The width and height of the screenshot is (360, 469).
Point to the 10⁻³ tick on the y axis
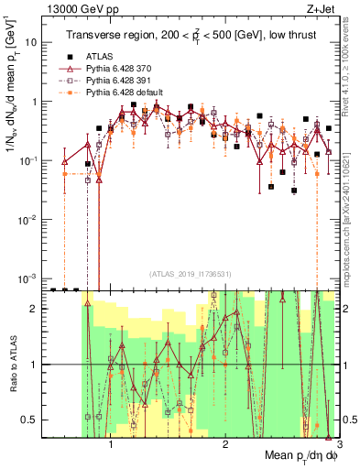click(35, 278)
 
